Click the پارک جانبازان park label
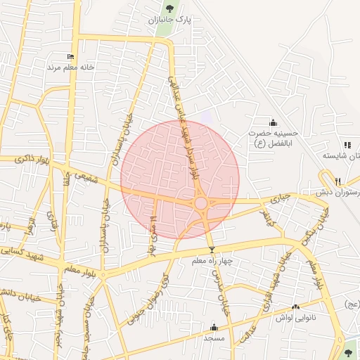pyautogui.click(x=169, y=20)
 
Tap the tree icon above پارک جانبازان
pyautogui.click(x=169, y=9)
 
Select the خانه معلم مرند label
pyautogui.click(x=70, y=67)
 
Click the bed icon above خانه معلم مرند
pyautogui.click(x=70, y=57)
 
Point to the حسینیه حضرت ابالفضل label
pyautogui.click(x=274, y=137)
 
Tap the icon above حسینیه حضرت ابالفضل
pyautogui.click(x=274, y=123)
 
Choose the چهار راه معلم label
pyautogui.click(x=212, y=261)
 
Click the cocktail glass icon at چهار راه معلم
pyautogui.click(x=212, y=250)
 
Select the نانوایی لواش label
pyautogui.click(x=295, y=317)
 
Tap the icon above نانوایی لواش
pyautogui.click(x=295, y=307)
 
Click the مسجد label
pyautogui.click(x=214, y=338)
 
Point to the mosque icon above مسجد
pyautogui.click(x=214, y=327)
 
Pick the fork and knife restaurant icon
pyautogui.click(x=338, y=181)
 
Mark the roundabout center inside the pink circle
pyautogui.click(x=201, y=203)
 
